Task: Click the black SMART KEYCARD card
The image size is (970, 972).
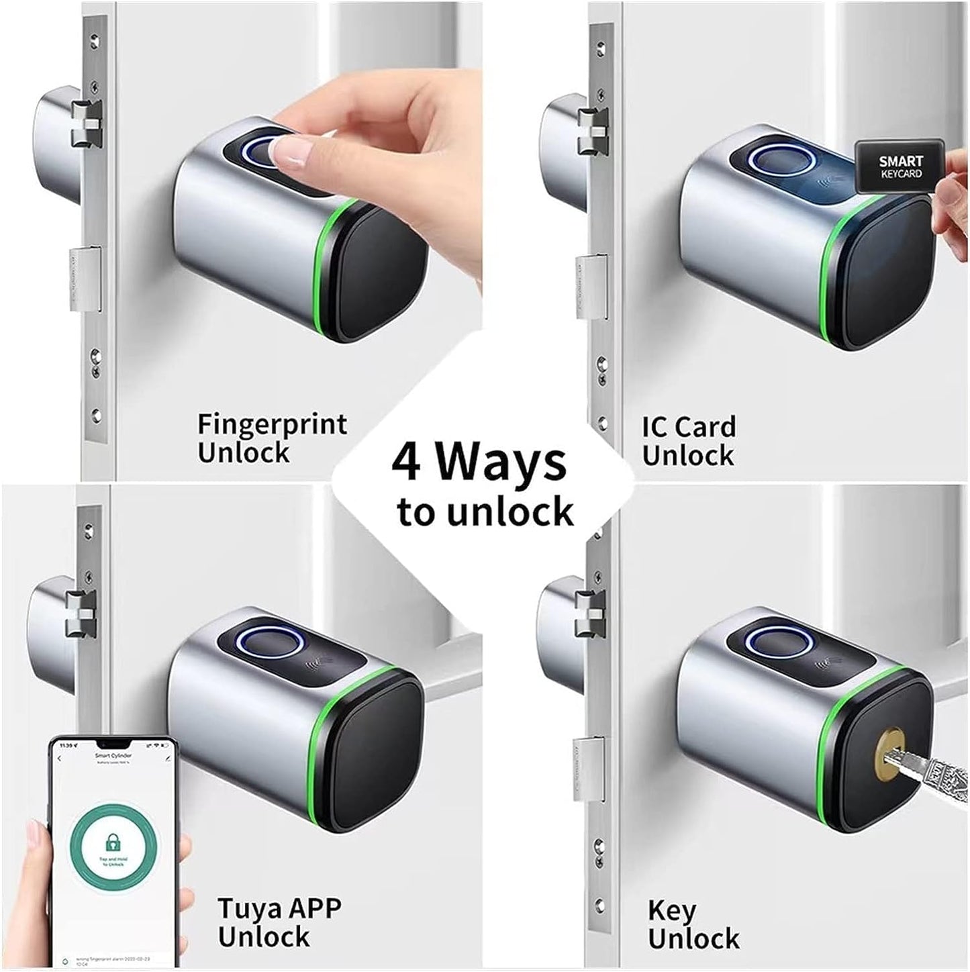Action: [900, 166]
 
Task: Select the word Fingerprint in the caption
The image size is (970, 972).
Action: [272, 425]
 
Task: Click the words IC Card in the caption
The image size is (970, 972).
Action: [688, 427]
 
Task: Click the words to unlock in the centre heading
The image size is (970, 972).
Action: [485, 512]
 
